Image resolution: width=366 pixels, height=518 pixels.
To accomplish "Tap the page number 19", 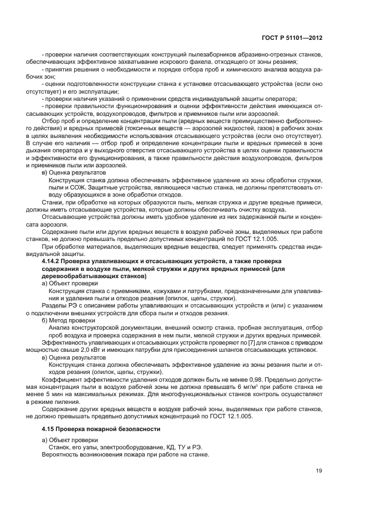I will (x=319, y=471).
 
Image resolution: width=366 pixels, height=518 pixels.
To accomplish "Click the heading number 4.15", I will (x=49, y=429).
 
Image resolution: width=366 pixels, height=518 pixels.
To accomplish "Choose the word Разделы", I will (x=54, y=305).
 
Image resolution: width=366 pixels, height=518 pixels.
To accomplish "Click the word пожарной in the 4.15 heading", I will (x=109, y=429).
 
